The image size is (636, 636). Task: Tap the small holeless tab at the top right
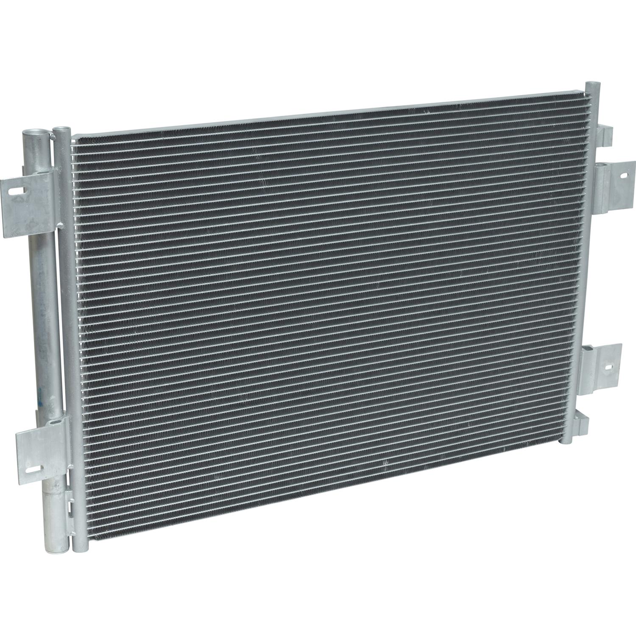[604, 132]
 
